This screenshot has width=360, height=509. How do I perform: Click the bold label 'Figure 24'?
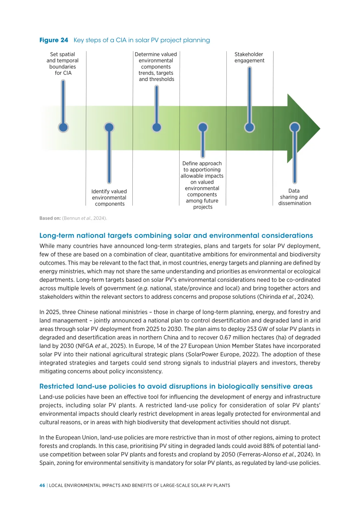(54, 40)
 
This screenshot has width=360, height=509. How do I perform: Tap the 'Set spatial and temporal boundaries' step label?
(63, 63)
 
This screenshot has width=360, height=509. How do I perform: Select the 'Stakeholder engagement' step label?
(249, 57)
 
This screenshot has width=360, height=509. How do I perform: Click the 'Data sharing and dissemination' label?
(294, 197)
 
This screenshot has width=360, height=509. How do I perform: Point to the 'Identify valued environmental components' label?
(109, 198)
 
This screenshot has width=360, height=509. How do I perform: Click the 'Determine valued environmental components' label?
(156, 67)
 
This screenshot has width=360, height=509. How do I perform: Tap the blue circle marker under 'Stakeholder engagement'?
(249, 127)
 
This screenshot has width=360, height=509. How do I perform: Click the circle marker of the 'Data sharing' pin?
(295, 127)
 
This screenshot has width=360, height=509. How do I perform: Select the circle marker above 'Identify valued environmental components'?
(109, 127)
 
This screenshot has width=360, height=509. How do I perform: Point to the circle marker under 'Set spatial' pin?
(63, 127)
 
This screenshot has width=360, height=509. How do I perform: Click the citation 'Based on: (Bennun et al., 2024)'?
(73, 218)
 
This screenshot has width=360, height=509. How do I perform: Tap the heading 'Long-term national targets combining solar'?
(176, 236)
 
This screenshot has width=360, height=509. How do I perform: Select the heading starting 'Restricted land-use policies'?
(176, 386)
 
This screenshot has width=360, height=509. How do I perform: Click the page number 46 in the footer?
(42, 485)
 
